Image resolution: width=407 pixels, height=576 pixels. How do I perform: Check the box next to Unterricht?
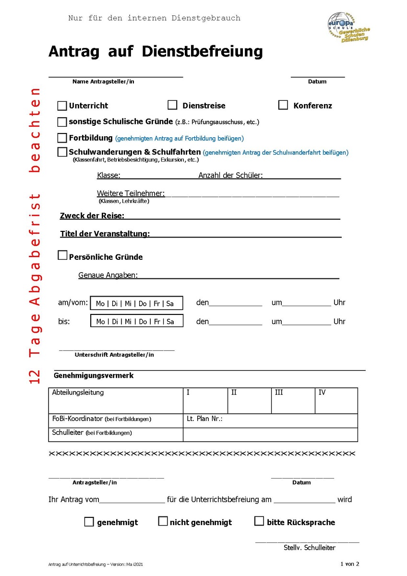tap(62, 106)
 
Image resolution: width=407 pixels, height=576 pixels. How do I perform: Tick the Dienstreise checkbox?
tap(172, 105)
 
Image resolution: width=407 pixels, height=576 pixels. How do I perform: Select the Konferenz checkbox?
tap(283, 105)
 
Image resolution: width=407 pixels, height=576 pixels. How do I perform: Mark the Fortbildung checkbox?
tap(62, 138)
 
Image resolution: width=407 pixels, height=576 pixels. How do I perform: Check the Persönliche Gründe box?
tap(62, 255)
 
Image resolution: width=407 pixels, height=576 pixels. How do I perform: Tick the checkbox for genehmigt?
tap(89, 522)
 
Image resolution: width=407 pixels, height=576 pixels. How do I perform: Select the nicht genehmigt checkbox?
tap(163, 521)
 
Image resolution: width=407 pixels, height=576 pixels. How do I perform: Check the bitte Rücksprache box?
tap(259, 521)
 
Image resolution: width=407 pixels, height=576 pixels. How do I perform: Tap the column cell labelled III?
tap(293, 400)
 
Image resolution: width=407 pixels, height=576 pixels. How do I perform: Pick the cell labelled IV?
tap(336, 400)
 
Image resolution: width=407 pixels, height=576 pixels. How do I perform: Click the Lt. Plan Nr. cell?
tap(270, 420)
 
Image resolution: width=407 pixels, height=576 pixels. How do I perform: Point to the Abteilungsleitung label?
tap(78, 393)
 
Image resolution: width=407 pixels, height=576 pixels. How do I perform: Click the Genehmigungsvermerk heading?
tap(94, 375)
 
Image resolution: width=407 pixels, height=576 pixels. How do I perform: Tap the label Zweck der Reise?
tap(92, 216)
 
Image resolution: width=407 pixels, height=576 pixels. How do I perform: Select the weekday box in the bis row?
tap(137, 321)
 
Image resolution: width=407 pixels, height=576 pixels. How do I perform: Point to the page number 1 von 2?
tap(349, 564)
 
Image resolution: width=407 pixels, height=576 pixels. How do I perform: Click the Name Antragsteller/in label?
tap(103, 82)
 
